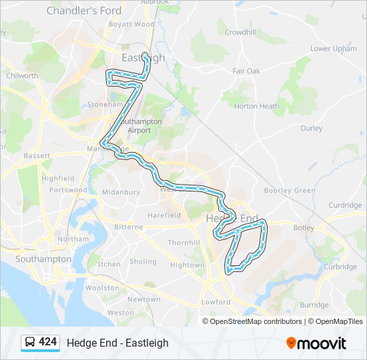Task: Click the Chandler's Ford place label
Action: point(83,11)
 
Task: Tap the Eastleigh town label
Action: point(142,58)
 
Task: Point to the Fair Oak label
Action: point(246,71)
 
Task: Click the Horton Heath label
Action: point(257,106)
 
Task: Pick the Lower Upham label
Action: point(334,49)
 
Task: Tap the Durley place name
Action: point(312,128)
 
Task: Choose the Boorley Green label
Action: point(290,191)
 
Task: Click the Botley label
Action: point(303,228)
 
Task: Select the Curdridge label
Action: point(345,205)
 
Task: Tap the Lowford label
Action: point(216,302)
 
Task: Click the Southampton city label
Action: point(43,259)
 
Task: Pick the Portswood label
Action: point(68,190)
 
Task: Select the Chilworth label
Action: point(22,76)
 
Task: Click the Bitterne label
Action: point(129,227)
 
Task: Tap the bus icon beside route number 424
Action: point(30,343)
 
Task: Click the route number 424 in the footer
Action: point(47,342)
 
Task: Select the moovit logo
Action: point(316,343)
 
